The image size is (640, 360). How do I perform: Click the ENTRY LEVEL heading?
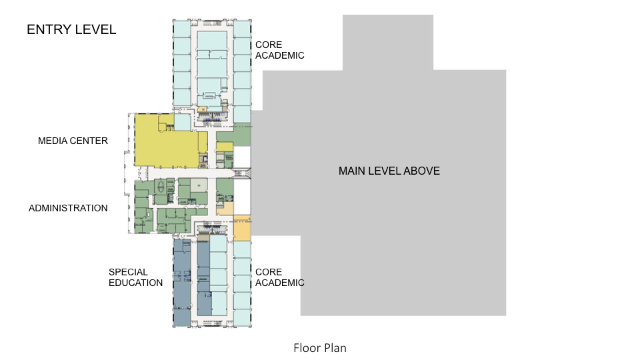71,29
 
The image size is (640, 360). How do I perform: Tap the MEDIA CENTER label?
73,141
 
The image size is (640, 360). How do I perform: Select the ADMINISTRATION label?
68,208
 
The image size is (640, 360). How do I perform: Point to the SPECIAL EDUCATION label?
135,277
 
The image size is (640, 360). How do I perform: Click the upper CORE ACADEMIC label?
279,50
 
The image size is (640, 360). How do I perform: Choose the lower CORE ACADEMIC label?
279,277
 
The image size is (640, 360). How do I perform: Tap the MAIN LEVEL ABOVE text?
389,171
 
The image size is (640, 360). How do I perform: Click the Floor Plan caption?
319,348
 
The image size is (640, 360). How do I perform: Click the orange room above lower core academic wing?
241,231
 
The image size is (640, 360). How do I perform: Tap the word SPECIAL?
128,272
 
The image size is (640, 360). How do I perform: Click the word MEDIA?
53,141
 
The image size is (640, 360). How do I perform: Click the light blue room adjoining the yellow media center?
182,122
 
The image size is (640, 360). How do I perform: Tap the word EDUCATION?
135,283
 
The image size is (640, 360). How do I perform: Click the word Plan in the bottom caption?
335,348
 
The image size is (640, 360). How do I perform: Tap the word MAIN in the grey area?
352,171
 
